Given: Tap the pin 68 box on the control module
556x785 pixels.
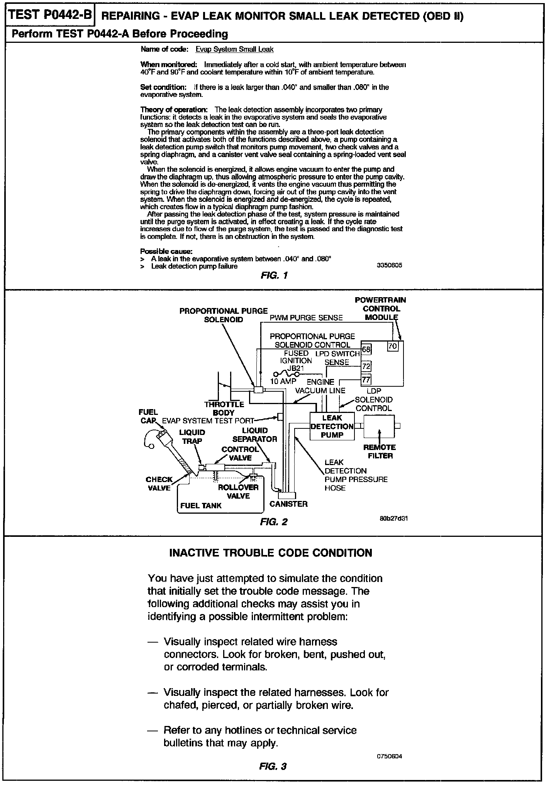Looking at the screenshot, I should pyautogui.click(x=366, y=350).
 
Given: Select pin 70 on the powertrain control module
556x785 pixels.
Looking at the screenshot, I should pyautogui.click(x=392, y=346).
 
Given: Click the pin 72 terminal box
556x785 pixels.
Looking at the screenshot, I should pyautogui.click(x=366, y=366).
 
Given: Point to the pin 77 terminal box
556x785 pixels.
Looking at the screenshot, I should pyautogui.click(x=366, y=380).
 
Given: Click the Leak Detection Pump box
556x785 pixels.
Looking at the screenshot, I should pyautogui.click(x=332, y=426).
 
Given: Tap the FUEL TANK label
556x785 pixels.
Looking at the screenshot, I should pyautogui.click(x=201, y=506).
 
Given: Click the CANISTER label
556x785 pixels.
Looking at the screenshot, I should pyautogui.click(x=288, y=504).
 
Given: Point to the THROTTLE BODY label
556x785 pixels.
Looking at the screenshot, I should pyautogui.click(x=224, y=408).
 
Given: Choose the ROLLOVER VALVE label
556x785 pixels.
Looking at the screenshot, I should pyautogui.click(x=238, y=491).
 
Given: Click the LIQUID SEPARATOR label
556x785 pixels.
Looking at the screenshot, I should pyautogui.click(x=254, y=435).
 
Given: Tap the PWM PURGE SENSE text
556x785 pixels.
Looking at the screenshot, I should pyautogui.click(x=306, y=318).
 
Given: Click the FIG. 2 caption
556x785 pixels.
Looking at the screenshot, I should pyautogui.click(x=274, y=522).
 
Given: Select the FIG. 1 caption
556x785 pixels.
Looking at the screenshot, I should pyautogui.click(x=274, y=276).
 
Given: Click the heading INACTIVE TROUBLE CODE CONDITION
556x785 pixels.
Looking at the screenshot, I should pyautogui.click(x=271, y=553).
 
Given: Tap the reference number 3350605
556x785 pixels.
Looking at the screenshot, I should pyautogui.click(x=389, y=265).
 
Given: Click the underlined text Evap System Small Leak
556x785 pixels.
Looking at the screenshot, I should pyautogui.click(x=234, y=49).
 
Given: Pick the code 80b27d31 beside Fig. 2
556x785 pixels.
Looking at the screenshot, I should pyautogui.click(x=393, y=518).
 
